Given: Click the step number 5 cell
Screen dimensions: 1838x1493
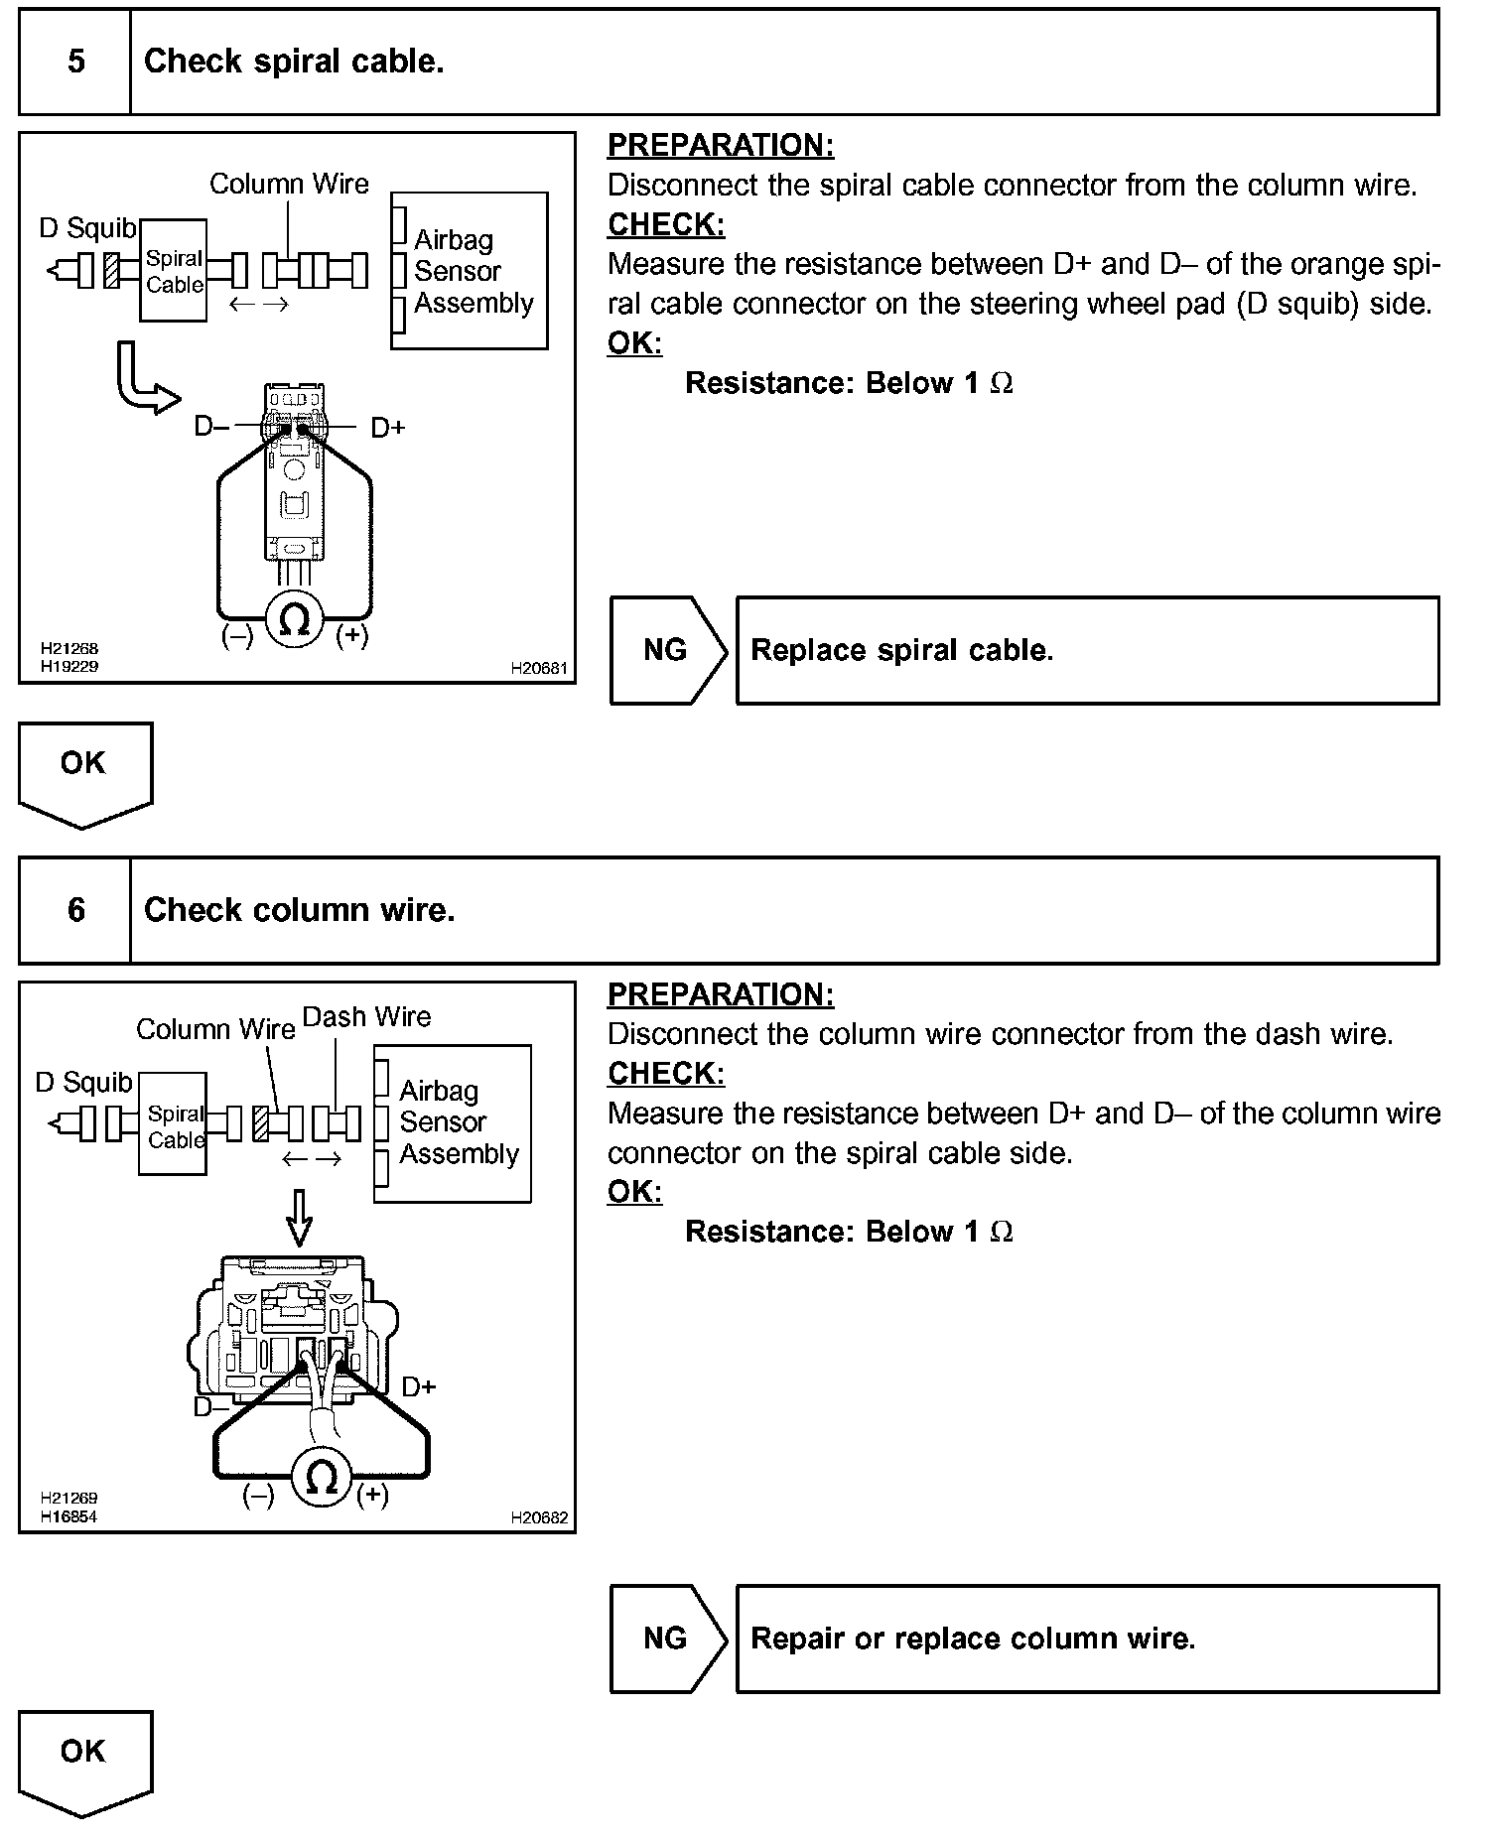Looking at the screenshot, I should click(x=75, y=62).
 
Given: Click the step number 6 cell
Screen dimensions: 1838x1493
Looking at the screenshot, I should click(x=75, y=910).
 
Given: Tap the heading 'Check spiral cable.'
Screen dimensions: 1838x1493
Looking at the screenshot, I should click(x=294, y=62).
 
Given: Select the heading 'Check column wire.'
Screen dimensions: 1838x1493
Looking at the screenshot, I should click(x=299, y=910).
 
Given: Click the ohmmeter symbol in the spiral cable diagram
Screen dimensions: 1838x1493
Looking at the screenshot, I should click(x=295, y=619).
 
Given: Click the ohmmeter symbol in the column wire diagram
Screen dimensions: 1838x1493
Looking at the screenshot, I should click(x=321, y=1479).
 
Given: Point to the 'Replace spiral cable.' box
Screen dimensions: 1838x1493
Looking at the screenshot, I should click(x=1087, y=650).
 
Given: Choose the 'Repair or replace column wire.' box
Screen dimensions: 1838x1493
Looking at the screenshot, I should click(x=1087, y=1639).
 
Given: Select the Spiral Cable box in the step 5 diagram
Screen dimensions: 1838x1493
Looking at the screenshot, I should click(x=174, y=271).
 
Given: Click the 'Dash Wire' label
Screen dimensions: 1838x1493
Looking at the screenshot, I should click(x=366, y=1017).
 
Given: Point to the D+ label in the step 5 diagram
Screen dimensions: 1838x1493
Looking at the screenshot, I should click(x=388, y=428).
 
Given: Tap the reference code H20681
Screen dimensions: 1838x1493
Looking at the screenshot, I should click(x=539, y=669).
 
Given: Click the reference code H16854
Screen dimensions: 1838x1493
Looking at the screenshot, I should click(x=68, y=1516).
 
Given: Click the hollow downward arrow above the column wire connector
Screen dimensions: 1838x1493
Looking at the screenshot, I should click(x=299, y=1218).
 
